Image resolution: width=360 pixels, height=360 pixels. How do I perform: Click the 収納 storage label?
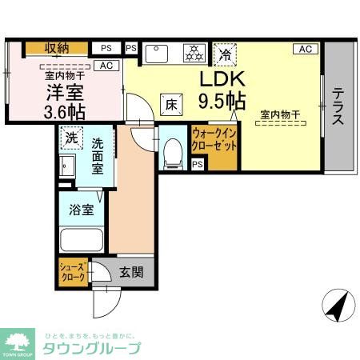pyautogui.click(x=56, y=48)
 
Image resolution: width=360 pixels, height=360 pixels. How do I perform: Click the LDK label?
pyautogui.click(x=218, y=80)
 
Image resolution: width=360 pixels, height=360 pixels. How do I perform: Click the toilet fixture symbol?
pyautogui.click(x=171, y=152)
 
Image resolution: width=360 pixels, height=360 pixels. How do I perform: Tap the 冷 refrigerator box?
pyautogui.click(x=226, y=54)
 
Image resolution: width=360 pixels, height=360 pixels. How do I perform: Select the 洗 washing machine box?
pyautogui.click(x=71, y=135)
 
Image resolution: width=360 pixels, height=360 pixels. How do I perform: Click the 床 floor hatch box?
pyautogui.click(x=172, y=102)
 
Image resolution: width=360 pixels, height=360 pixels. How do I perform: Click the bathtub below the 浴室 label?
pyautogui.click(x=81, y=239)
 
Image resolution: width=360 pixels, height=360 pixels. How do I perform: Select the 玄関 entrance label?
pyautogui.click(x=131, y=273)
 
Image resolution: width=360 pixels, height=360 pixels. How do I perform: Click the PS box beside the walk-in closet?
pyautogui.click(x=198, y=164)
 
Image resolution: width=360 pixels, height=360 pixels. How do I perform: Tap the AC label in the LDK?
pyautogui.click(x=304, y=49)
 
